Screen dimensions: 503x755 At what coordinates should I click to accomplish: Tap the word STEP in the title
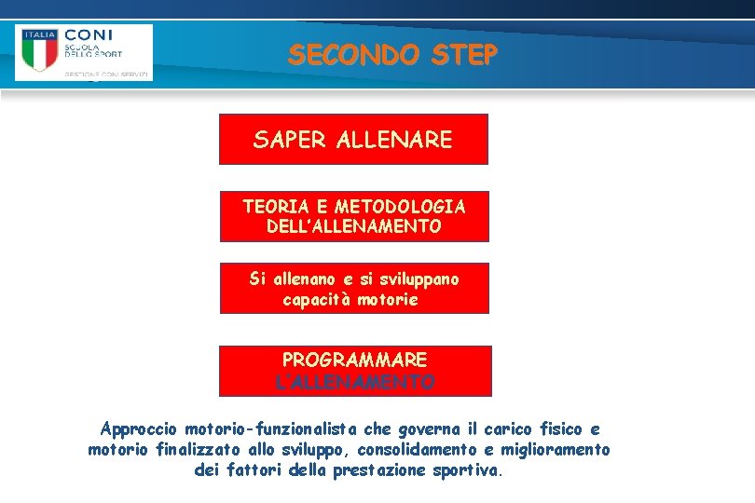click(464, 55)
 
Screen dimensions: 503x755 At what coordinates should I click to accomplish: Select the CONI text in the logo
click(89, 34)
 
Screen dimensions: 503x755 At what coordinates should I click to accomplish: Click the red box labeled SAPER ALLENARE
click(353, 140)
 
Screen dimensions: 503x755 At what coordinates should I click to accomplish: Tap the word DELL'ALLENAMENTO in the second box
click(353, 226)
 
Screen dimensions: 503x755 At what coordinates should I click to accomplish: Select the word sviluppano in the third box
click(411, 279)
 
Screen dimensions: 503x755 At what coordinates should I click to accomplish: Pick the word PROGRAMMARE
click(354, 360)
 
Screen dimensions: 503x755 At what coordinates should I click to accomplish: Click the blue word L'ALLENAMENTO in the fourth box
click(354, 382)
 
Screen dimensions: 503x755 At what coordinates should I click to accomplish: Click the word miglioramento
click(556, 450)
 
